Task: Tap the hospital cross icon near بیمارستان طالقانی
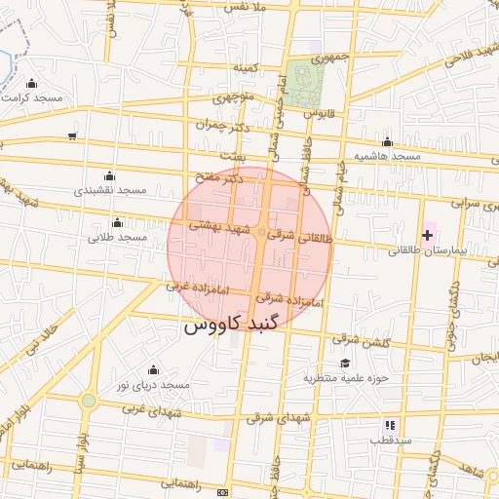pos(427,235)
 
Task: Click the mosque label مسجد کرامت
pos(33,98)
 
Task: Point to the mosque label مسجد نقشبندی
pos(110,190)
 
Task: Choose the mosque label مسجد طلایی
pos(117,237)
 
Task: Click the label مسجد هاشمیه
pos(387,156)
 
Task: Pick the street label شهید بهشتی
pos(214,225)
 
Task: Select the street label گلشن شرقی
pos(361,343)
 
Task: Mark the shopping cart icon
pos(72,135)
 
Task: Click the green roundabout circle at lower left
pos(89,401)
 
